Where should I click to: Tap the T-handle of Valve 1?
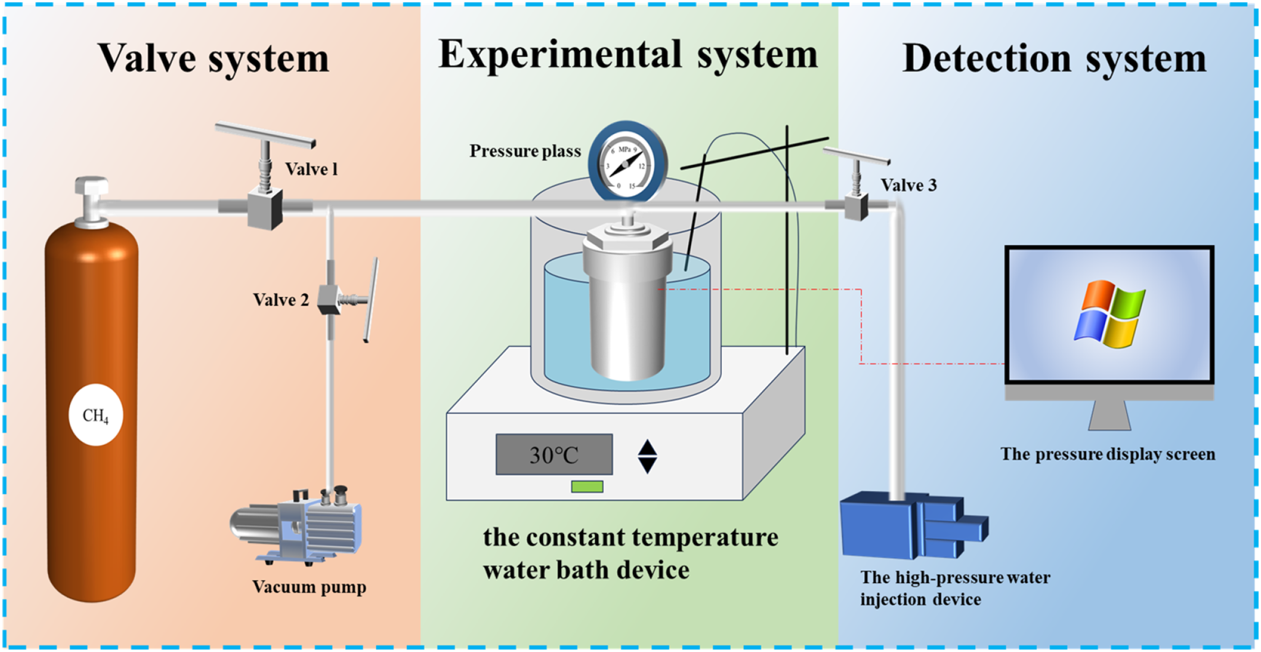[x=265, y=135]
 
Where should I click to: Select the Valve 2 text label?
[x=281, y=299]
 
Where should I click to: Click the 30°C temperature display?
[x=554, y=455]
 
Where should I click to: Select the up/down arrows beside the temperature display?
[x=647, y=456]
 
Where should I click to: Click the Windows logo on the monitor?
[x=1109, y=314]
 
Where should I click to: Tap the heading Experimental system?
[x=628, y=55]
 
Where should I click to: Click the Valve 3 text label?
[x=909, y=185]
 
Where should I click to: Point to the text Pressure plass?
[x=525, y=151]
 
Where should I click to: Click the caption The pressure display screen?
[x=1108, y=454]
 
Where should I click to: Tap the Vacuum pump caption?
[x=309, y=587]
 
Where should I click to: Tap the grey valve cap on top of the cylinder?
[x=91, y=202]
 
